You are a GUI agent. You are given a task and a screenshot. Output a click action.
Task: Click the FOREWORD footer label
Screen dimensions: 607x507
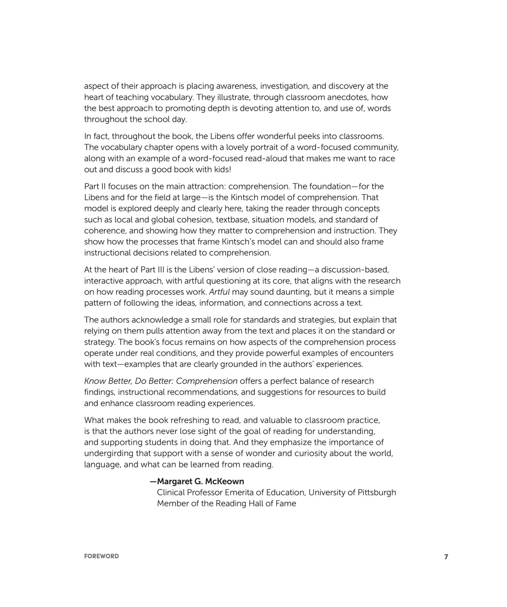click(x=101, y=556)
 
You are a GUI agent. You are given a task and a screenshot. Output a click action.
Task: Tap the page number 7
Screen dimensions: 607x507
click(x=446, y=557)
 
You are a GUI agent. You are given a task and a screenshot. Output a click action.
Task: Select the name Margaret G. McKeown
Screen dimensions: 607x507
click(x=200, y=481)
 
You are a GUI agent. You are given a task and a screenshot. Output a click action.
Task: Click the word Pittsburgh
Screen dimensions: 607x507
click(x=377, y=492)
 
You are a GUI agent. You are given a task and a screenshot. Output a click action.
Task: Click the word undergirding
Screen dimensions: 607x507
click(x=106, y=453)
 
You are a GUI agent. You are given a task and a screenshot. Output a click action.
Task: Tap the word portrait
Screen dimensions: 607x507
click(x=265, y=147)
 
